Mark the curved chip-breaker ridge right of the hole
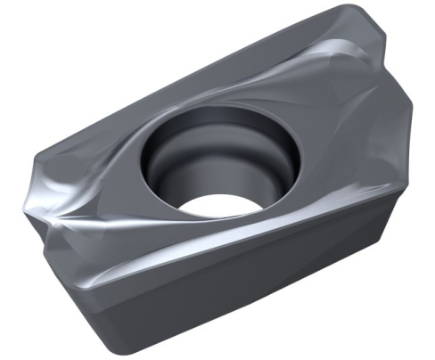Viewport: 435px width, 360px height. point(330,116)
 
